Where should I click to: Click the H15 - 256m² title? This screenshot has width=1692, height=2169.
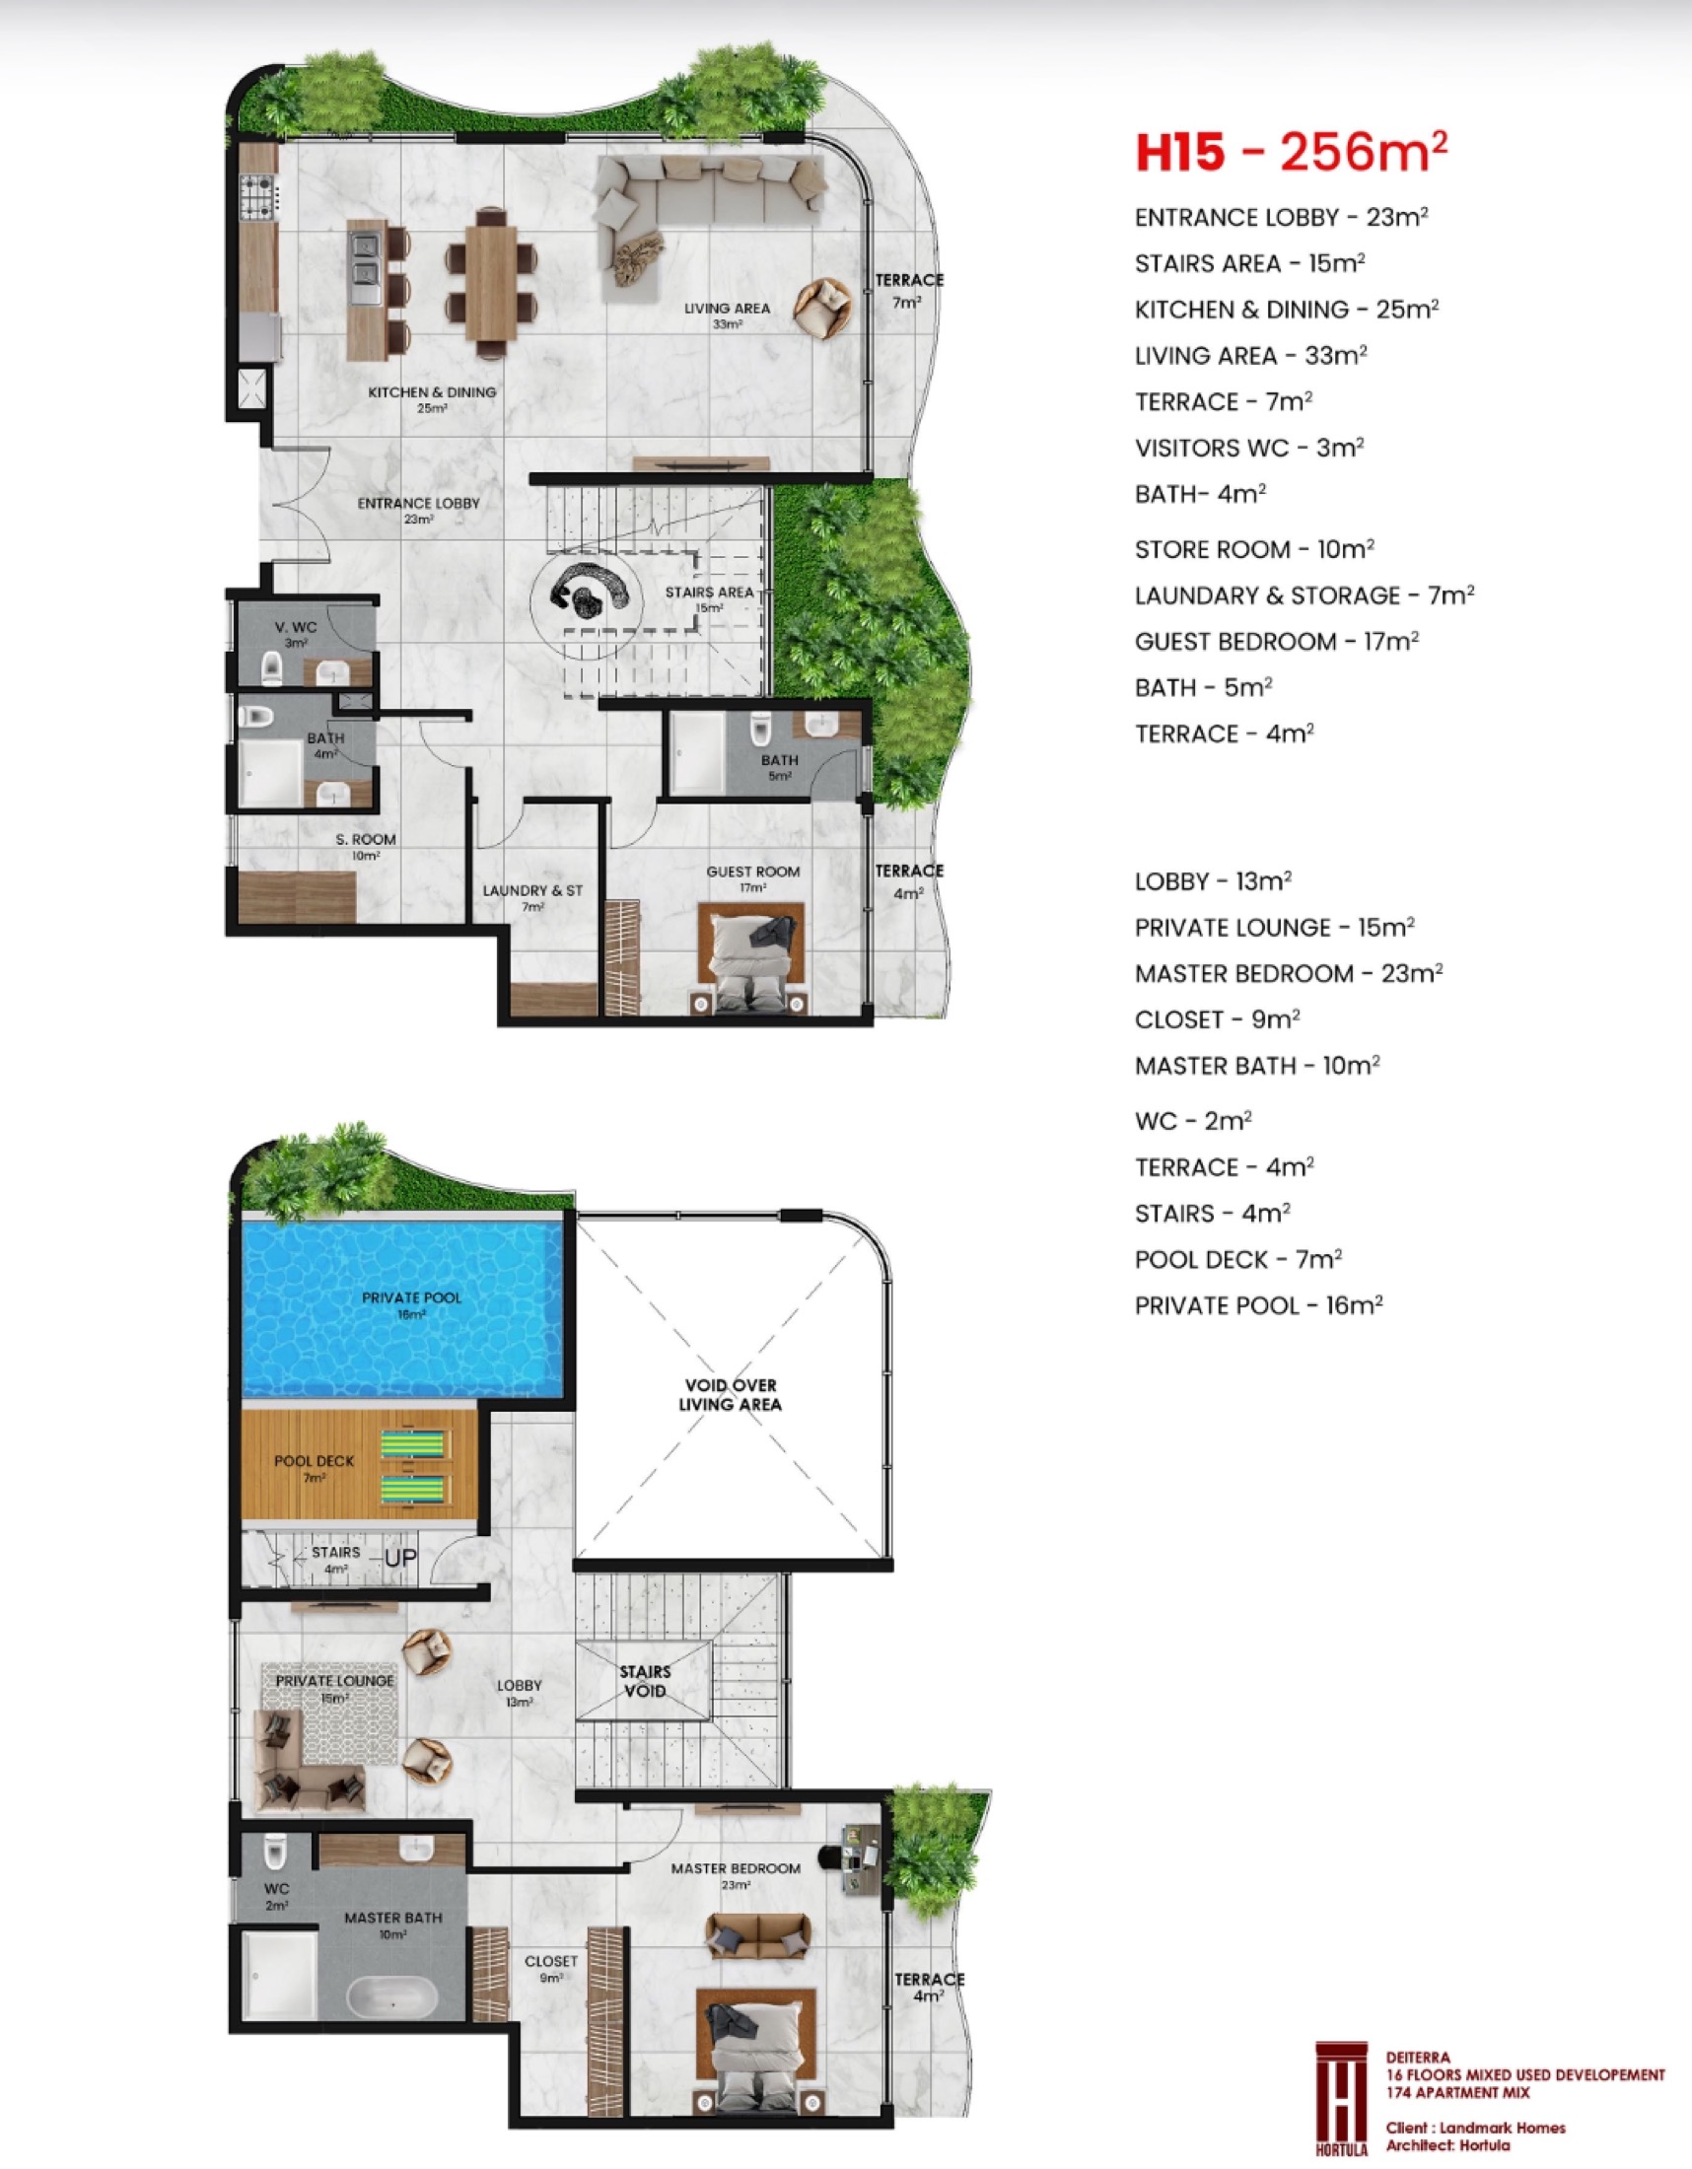pos(1291,152)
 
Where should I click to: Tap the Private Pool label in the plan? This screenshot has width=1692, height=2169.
pos(411,1304)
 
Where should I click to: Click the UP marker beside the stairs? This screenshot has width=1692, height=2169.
pos(400,1557)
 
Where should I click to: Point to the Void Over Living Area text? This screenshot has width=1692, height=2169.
pos(730,1394)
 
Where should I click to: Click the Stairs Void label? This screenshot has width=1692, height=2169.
pos(645,1680)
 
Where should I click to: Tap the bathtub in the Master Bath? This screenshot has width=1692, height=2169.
pos(391,1998)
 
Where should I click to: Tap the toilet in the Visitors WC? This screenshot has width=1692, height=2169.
pos(271,668)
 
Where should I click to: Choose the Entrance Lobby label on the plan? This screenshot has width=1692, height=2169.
pos(418,511)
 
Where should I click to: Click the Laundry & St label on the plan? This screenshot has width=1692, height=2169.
pos(532,897)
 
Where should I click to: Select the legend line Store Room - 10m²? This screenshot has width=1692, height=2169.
pos(1254,548)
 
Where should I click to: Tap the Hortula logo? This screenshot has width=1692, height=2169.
pos(1342,2098)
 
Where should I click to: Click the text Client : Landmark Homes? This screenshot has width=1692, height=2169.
pos(1475,2128)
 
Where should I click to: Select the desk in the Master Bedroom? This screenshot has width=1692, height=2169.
pos(860,1856)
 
